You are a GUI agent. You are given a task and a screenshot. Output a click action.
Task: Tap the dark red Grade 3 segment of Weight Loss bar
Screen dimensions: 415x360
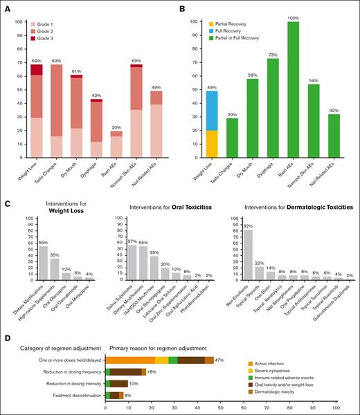point(36,69)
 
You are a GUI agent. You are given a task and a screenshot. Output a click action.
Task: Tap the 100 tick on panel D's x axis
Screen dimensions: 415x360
point(336,407)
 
